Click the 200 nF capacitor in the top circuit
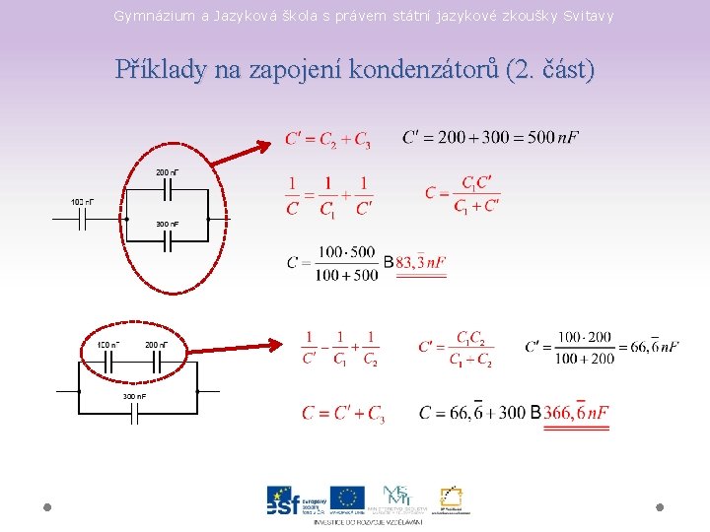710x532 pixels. (168, 187)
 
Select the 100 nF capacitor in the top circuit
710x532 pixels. (84, 219)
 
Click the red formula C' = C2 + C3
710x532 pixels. (328, 140)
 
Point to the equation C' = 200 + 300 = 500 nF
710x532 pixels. (490, 137)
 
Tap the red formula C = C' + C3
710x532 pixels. (343, 414)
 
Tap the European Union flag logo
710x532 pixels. (347, 498)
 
